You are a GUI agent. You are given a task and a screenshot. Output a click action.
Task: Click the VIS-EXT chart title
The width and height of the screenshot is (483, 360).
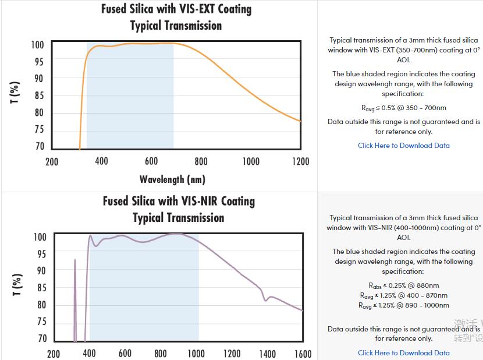pyautogui.click(x=176, y=9)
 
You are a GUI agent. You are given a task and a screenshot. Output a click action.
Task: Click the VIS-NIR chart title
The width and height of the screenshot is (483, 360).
pyautogui.click(x=179, y=201)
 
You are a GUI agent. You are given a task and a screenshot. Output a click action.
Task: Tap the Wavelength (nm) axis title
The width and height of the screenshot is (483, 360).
pyautogui.click(x=172, y=179)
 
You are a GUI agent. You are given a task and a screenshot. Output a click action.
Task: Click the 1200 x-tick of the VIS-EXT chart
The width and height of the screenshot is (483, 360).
pyautogui.click(x=300, y=161)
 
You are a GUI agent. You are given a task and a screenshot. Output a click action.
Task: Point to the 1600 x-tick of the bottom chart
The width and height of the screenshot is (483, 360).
pyautogui.click(x=303, y=353)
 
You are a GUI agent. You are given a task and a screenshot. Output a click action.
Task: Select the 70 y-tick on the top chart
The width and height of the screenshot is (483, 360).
pyautogui.click(x=39, y=146)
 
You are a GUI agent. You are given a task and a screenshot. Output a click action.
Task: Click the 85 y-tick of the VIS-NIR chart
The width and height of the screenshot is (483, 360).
pyautogui.click(x=41, y=288)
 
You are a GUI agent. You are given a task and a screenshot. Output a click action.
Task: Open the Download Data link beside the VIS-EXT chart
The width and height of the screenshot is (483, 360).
pyautogui.click(x=403, y=146)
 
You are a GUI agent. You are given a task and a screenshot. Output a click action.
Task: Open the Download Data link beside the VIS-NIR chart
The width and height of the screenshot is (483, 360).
pyautogui.click(x=403, y=352)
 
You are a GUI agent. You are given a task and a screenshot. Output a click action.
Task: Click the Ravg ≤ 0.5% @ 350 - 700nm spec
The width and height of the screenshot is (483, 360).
pyautogui.click(x=403, y=108)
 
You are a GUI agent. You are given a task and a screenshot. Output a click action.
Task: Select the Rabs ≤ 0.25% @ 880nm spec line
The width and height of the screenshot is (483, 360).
pyautogui.click(x=403, y=285)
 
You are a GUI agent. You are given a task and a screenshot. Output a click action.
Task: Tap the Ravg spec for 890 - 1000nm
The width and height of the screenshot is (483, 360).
pyautogui.click(x=403, y=305)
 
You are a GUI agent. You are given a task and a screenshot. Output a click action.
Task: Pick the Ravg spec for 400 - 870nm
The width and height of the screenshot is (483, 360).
pyautogui.click(x=403, y=295)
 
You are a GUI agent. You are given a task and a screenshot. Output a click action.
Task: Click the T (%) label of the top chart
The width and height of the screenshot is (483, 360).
pyautogui.click(x=15, y=93)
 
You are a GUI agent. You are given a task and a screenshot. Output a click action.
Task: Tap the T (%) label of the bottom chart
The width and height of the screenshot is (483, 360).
pyautogui.click(x=17, y=285)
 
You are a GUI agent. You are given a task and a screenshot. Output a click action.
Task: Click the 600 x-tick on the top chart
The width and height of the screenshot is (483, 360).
pyautogui.click(x=151, y=161)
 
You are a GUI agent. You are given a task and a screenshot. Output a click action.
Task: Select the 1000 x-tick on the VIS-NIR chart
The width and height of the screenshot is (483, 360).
pyautogui.click(x=196, y=353)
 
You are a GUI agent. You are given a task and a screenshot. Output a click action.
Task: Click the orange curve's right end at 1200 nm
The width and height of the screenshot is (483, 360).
pyautogui.click(x=300, y=121)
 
